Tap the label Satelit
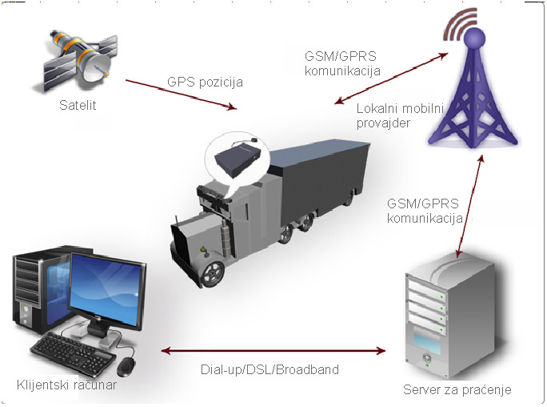click(x=78, y=105)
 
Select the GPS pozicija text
click(x=205, y=82)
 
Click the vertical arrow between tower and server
click(x=469, y=204)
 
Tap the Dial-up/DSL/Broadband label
click(x=270, y=370)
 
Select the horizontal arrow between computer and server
click(x=273, y=351)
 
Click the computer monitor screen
click(x=105, y=287)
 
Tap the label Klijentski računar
click(x=67, y=385)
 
